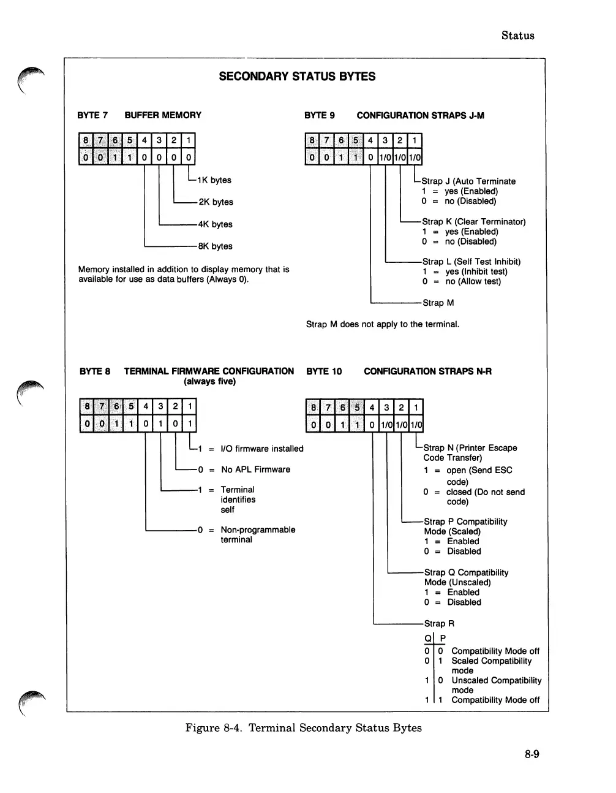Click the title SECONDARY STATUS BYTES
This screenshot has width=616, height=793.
297,77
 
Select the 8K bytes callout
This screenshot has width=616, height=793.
215,246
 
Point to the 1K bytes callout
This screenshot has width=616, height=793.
214,180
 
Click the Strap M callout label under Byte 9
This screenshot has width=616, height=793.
438,303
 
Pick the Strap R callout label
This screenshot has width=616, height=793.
439,623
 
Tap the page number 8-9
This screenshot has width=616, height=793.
531,754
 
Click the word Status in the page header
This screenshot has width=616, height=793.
517,36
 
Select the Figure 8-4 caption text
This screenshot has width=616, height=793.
303,728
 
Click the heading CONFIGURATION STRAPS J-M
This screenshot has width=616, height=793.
420,115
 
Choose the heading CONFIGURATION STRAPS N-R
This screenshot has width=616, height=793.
427,371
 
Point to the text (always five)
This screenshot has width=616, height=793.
209,382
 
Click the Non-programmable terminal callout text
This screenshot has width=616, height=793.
258,534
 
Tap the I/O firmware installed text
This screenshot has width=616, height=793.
262,449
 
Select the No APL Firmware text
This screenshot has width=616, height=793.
255,469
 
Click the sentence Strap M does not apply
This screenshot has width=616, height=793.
383,324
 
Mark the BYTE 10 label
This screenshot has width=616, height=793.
324,371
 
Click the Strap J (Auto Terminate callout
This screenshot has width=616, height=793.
468,181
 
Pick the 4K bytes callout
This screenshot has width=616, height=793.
215,224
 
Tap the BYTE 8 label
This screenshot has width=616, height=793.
95,371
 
